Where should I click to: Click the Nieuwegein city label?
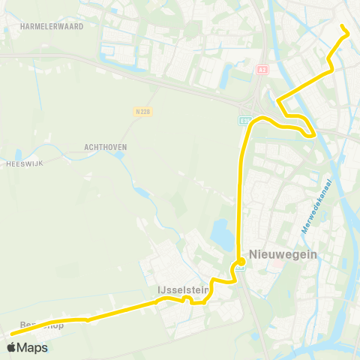[x=279, y=255]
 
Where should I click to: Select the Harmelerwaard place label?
[x=52, y=26]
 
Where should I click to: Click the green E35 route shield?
[x=244, y=120]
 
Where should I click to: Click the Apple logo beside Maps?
[x=13, y=347]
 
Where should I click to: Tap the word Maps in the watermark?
[x=33, y=347]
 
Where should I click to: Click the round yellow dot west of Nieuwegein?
[x=239, y=262]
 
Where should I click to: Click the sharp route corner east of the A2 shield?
[x=278, y=100]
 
